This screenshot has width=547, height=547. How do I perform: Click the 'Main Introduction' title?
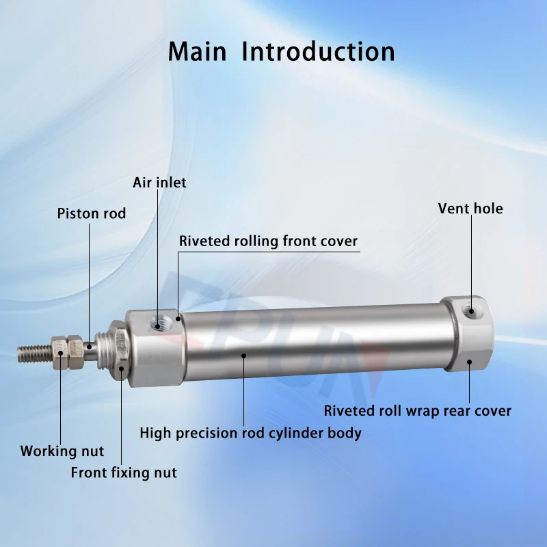click(x=281, y=52)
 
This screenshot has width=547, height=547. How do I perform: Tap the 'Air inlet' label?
click(x=159, y=183)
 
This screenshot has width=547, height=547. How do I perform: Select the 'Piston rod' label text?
click(x=92, y=213)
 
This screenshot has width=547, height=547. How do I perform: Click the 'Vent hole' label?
click(x=470, y=209)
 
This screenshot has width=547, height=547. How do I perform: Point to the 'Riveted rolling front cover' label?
click(x=268, y=241)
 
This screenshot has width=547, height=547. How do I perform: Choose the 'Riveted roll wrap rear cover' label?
click(x=418, y=411)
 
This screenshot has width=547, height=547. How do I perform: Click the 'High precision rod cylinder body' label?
click(x=250, y=433)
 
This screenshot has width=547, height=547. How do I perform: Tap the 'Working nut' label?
click(x=62, y=451)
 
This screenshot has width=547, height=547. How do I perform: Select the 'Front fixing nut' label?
click(x=124, y=472)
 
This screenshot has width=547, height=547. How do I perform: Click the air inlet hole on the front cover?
click(x=158, y=325)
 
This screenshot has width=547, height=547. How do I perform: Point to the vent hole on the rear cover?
click(x=470, y=310)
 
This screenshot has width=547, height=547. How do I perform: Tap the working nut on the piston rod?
click(x=67, y=353)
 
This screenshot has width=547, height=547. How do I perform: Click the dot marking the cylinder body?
click(x=244, y=356)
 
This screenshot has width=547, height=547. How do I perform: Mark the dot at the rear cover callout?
click(x=469, y=362)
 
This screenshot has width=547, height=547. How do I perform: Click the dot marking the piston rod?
click(x=90, y=347)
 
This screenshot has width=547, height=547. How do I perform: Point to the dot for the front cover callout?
click(x=178, y=319)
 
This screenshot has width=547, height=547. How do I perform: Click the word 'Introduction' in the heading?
click(x=318, y=52)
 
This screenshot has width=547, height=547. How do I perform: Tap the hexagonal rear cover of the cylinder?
click(x=468, y=334)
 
